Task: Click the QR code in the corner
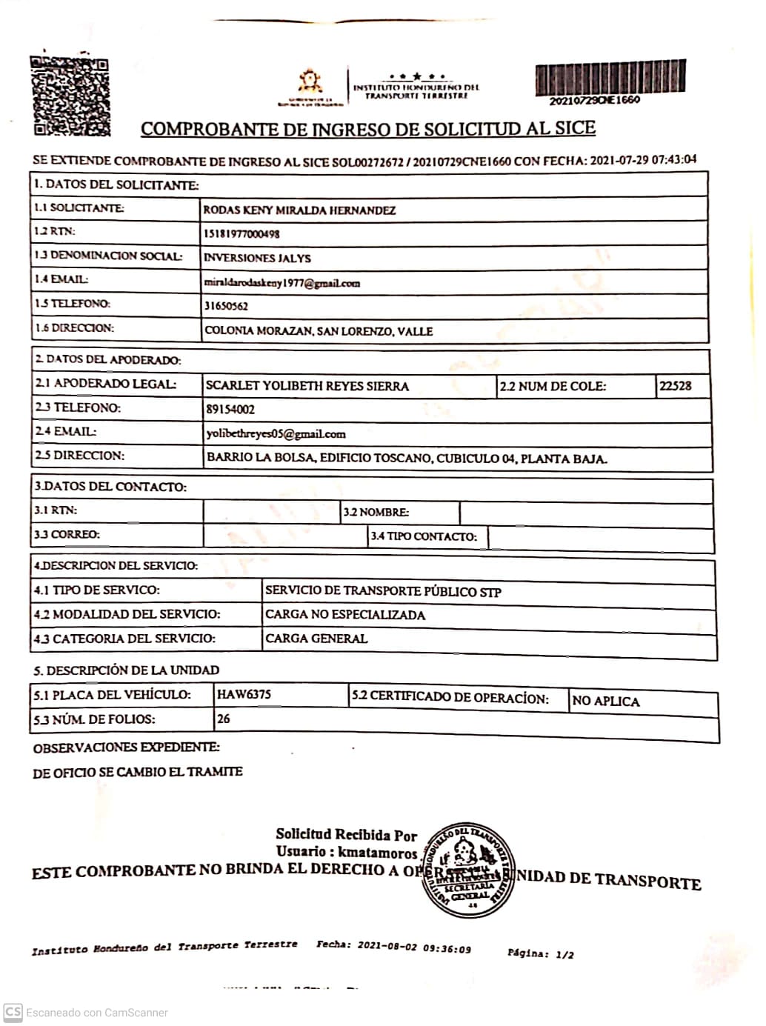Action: [70, 96]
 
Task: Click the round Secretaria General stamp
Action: [469, 870]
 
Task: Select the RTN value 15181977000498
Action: [242, 234]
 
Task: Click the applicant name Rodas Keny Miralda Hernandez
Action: [299, 210]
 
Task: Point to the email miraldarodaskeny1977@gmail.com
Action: [282, 282]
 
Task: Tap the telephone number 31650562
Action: [226, 306]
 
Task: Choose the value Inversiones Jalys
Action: [257, 259]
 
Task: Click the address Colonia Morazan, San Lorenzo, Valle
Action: [319, 331]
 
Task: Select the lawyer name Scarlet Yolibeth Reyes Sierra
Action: [307, 386]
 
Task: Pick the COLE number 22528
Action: [675, 385]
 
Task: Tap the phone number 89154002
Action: [230, 409]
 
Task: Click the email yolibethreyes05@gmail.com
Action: [276, 434]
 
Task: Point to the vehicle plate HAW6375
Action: [244, 695]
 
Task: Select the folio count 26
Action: [224, 719]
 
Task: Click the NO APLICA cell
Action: [605, 702]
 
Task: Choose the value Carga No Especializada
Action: [345, 615]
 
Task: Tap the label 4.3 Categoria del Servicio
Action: [124, 639]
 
